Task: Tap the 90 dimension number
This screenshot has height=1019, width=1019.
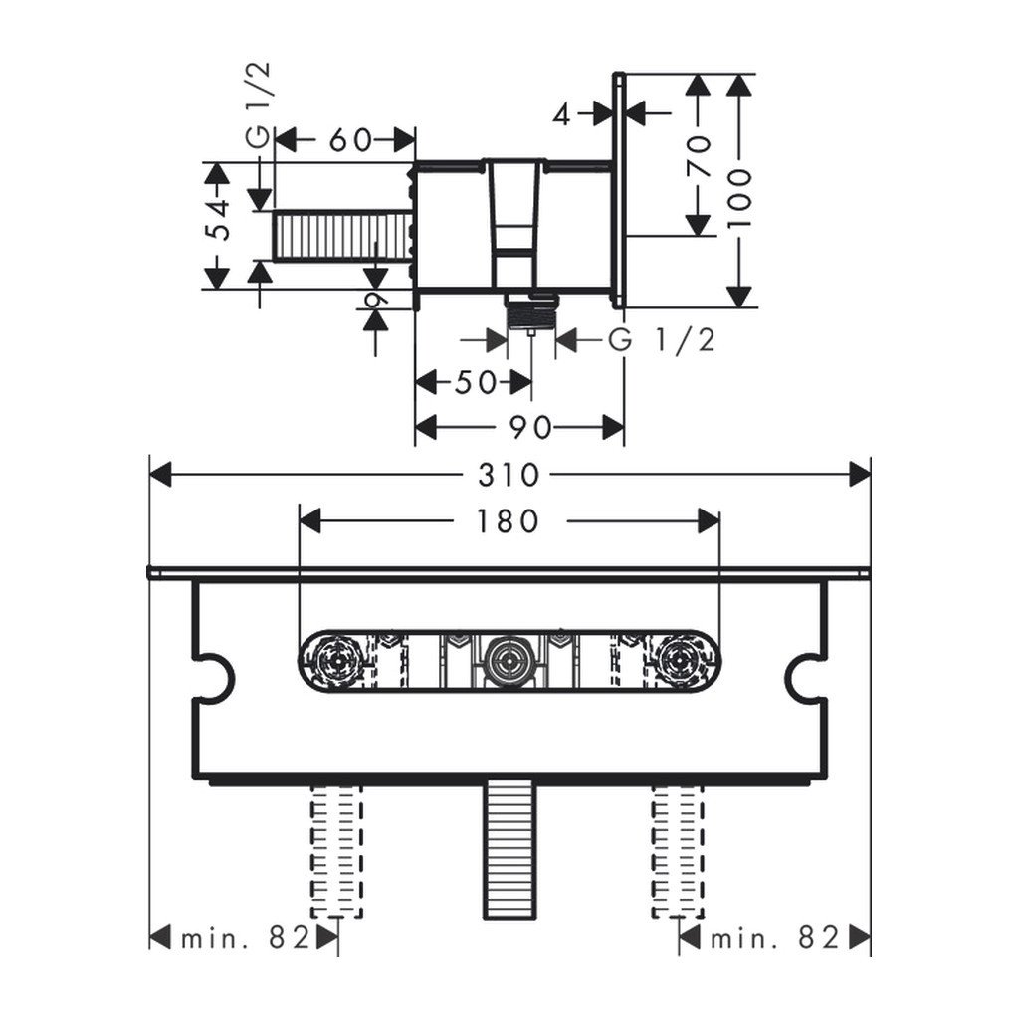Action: [x=530, y=428]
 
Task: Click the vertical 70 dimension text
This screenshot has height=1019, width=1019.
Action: [x=700, y=156]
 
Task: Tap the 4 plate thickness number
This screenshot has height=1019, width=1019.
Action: [x=562, y=114]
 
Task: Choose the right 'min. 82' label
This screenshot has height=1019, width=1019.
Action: [x=775, y=937]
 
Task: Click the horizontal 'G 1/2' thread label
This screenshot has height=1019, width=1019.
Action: [x=662, y=340]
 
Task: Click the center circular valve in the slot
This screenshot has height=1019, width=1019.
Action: [x=509, y=659]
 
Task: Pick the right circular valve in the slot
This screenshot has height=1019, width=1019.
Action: [x=682, y=659]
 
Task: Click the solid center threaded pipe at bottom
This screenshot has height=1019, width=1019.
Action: [x=509, y=851]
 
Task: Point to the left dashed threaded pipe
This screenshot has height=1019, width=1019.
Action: [x=336, y=851]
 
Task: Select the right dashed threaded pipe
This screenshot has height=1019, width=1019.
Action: [x=678, y=851]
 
